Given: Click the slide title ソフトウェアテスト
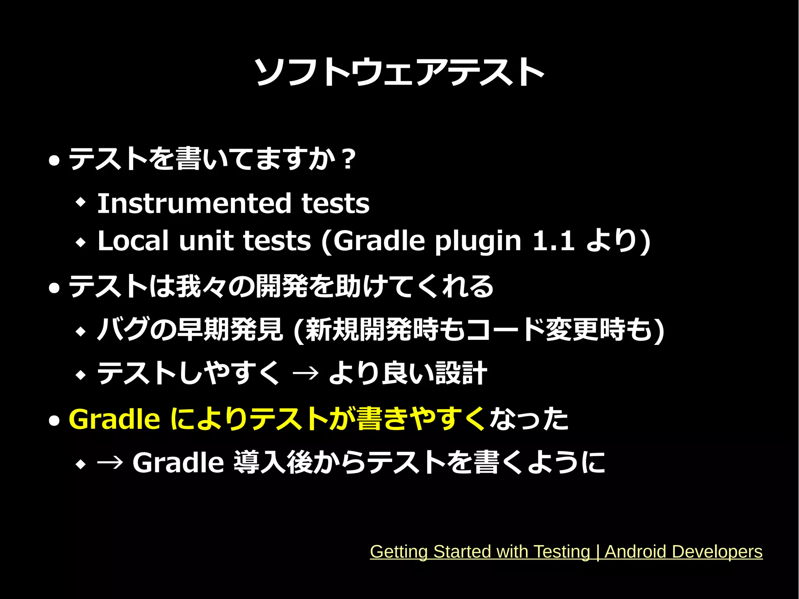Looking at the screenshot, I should point(399,72).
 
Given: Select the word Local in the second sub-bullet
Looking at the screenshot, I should point(133,240).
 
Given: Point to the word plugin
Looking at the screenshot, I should point(478,241).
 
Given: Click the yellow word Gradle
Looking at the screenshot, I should point(114,419).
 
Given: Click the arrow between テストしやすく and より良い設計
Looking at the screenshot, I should point(305,373).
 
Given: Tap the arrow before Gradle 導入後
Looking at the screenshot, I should point(110,463).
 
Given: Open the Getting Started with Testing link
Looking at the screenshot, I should point(566,552).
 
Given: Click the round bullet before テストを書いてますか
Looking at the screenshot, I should point(54,160).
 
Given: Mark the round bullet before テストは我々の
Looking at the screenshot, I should point(54,288).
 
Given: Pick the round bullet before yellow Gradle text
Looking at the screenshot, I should point(54,420).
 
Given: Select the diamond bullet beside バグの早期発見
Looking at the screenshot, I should point(81,332).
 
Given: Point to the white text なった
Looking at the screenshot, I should point(529,419).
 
